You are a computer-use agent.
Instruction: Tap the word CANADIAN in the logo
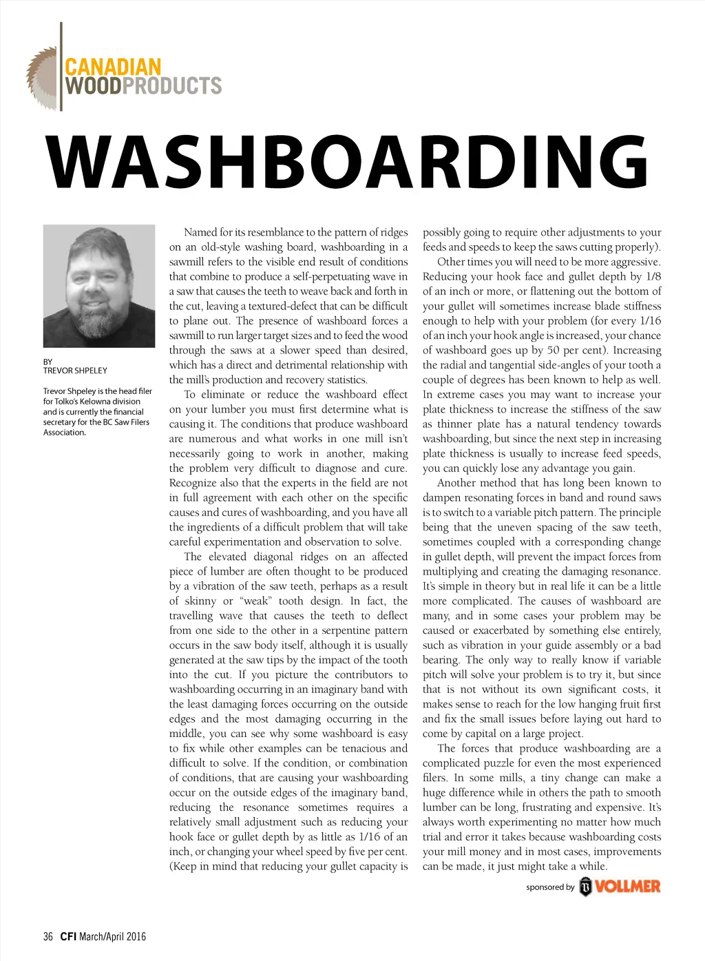pyautogui.click(x=113, y=68)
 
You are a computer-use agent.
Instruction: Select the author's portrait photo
pyautogui.click(x=98, y=286)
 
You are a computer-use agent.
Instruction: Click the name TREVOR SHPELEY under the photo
pyautogui.click(x=75, y=371)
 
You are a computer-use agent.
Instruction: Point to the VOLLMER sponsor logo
pyautogui.click(x=620, y=887)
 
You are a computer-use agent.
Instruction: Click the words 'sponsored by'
pyautogui.click(x=549, y=887)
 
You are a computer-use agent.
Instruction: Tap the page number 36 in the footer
pyautogui.click(x=48, y=936)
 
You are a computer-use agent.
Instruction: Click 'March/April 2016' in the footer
pyautogui.click(x=112, y=936)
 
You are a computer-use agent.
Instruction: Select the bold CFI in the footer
pyautogui.click(x=67, y=936)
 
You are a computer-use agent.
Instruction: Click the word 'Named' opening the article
pyautogui.click(x=200, y=232)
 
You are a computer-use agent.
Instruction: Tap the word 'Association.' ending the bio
pyautogui.click(x=65, y=433)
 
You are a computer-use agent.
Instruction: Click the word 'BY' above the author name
pyautogui.click(x=48, y=362)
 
